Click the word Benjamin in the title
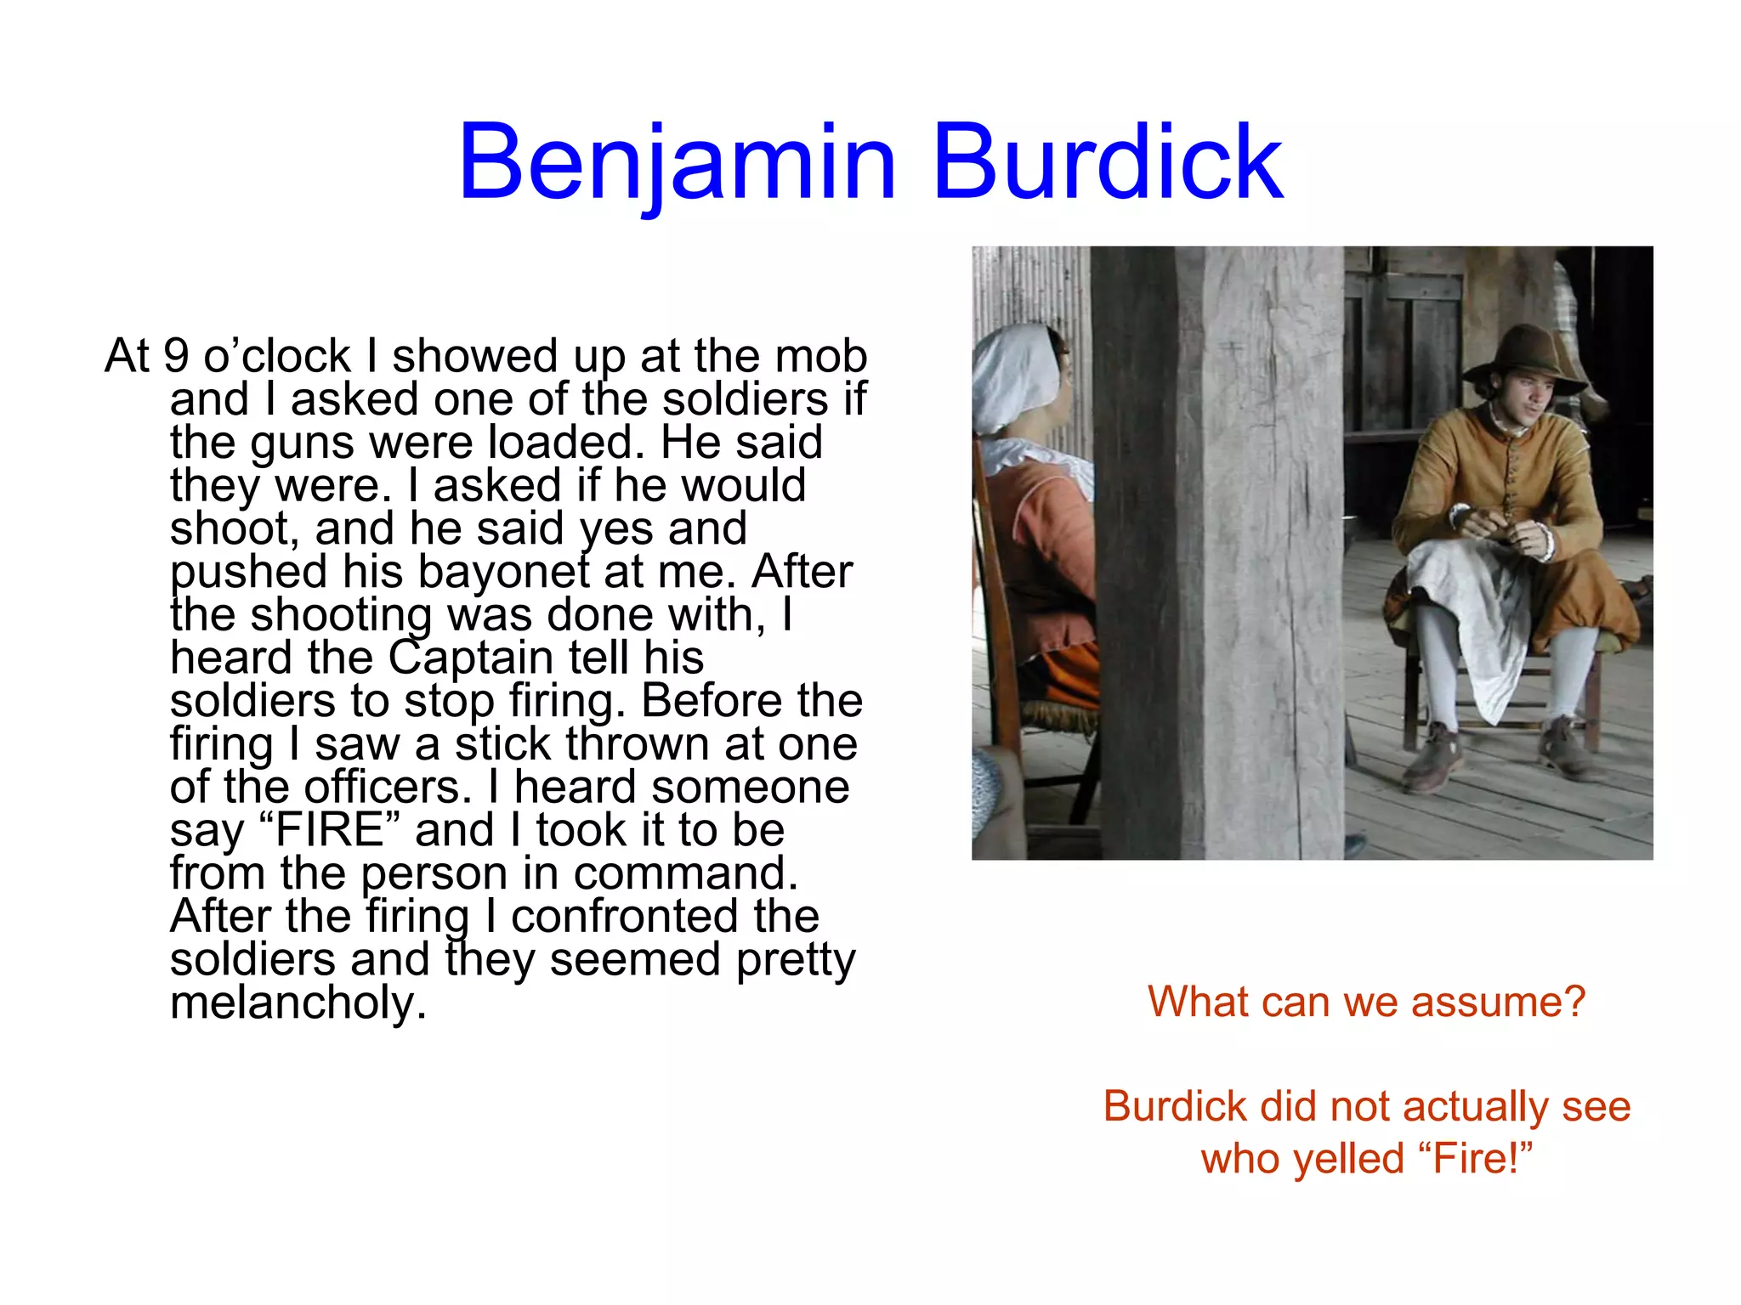coord(677,163)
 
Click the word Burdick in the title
coord(1107,163)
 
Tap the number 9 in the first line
coord(175,355)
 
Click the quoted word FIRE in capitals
coord(330,830)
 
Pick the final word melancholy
coord(298,1003)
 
